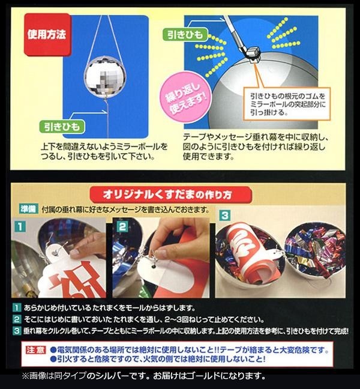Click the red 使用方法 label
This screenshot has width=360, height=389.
pyautogui.click(x=47, y=34)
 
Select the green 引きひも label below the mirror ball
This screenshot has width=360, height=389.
pyautogui.click(x=62, y=127)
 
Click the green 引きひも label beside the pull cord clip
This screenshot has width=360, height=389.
pyautogui.click(x=185, y=34)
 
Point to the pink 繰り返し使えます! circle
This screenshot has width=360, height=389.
pyautogui.click(x=186, y=98)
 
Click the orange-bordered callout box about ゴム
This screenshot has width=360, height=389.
pyautogui.click(x=287, y=104)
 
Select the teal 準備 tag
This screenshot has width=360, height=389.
pyautogui.click(x=29, y=209)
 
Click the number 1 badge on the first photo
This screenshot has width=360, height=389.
pyautogui.click(x=20, y=227)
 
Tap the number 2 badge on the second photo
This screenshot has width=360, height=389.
pyautogui.click(x=122, y=227)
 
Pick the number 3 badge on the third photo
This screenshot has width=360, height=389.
pyautogui.click(x=225, y=216)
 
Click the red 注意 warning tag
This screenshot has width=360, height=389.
pyautogui.click(x=36, y=351)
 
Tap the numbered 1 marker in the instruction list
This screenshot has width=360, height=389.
pyautogui.click(x=16, y=308)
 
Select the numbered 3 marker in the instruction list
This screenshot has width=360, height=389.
pyautogui.click(x=16, y=331)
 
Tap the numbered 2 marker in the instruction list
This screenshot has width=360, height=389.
pyautogui.click(x=16, y=319)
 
